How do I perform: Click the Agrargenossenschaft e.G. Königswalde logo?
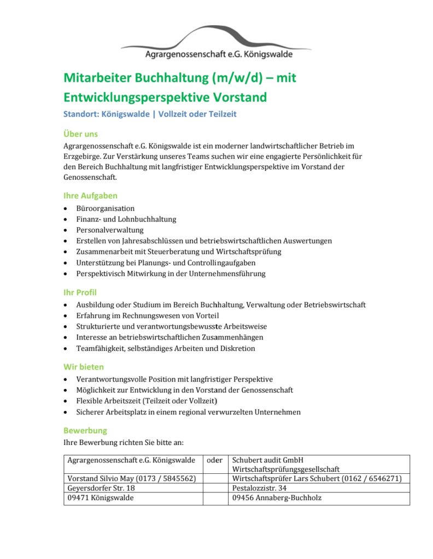pyautogui.click(x=216, y=43)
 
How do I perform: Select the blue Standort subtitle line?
pyautogui.click(x=150, y=114)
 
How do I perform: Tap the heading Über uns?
pyautogui.click(x=80, y=134)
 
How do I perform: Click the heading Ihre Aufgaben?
pyautogui.click(x=90, y=195)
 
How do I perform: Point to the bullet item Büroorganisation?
pyautogui.click(x=106, y=209)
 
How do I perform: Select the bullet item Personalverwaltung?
pyautogui.click(x=110, y=230)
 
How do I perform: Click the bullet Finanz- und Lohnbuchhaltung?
pyautogui.click(x=126, y=219)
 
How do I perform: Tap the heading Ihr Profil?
pyautogui.click(x=80, y=292)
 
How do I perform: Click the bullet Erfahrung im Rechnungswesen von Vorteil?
pyautogui.click(x=148, y=316)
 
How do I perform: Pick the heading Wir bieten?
pyautogui.click(x=84, y=367)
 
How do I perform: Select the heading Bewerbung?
pyautogui.click(x=85, y=430)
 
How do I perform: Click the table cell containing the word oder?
pyautogui.click(x=215, y=460)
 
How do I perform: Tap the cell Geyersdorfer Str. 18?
pyautogui.click(x=101, y=488)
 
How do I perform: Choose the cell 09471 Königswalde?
pyautogui.click(x=101, y=498)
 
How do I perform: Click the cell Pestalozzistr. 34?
pyautogui.click(x=259, y=488)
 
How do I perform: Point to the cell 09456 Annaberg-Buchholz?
pyautogui.click(x=277, y=498)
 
